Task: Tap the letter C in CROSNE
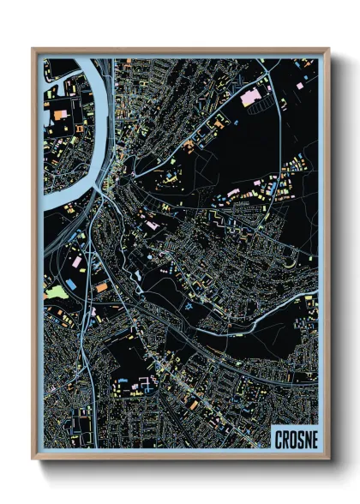coord(279,440)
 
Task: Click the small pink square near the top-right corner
coord(299,86)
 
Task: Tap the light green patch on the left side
coord(56,292)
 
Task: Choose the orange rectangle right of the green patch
coord(102,286)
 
